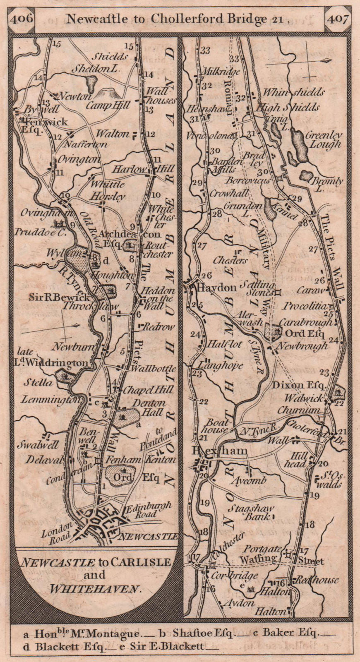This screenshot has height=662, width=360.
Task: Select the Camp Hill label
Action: [x=108, y=105]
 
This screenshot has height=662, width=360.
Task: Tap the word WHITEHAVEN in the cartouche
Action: [x=96, y=589]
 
